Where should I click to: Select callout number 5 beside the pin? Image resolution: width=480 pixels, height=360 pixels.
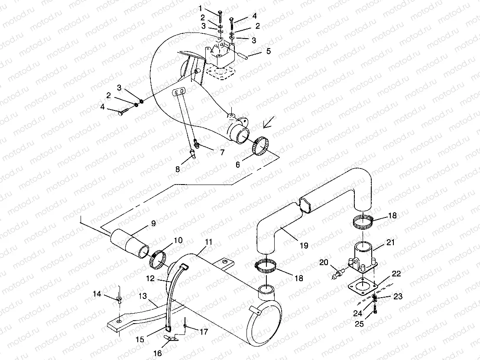[x=269, y=51]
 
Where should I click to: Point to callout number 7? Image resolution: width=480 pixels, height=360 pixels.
[x=222, y=152]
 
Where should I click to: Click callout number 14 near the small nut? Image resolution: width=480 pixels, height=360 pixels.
[x=97, y=295]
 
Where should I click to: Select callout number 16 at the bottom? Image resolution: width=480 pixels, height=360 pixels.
[x=158, y=354]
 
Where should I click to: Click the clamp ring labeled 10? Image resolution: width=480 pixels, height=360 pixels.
[x=159, y=259]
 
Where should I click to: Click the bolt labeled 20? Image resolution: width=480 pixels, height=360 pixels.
[x=337, y=274]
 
